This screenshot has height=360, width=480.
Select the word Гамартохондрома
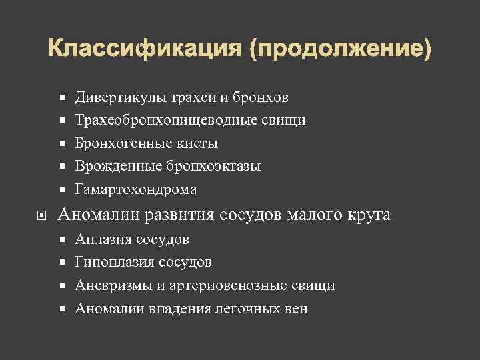(x=136, y=189)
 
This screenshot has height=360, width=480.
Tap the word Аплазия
(x=104, y=239)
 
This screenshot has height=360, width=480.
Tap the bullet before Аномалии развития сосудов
(x=42, y=215)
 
